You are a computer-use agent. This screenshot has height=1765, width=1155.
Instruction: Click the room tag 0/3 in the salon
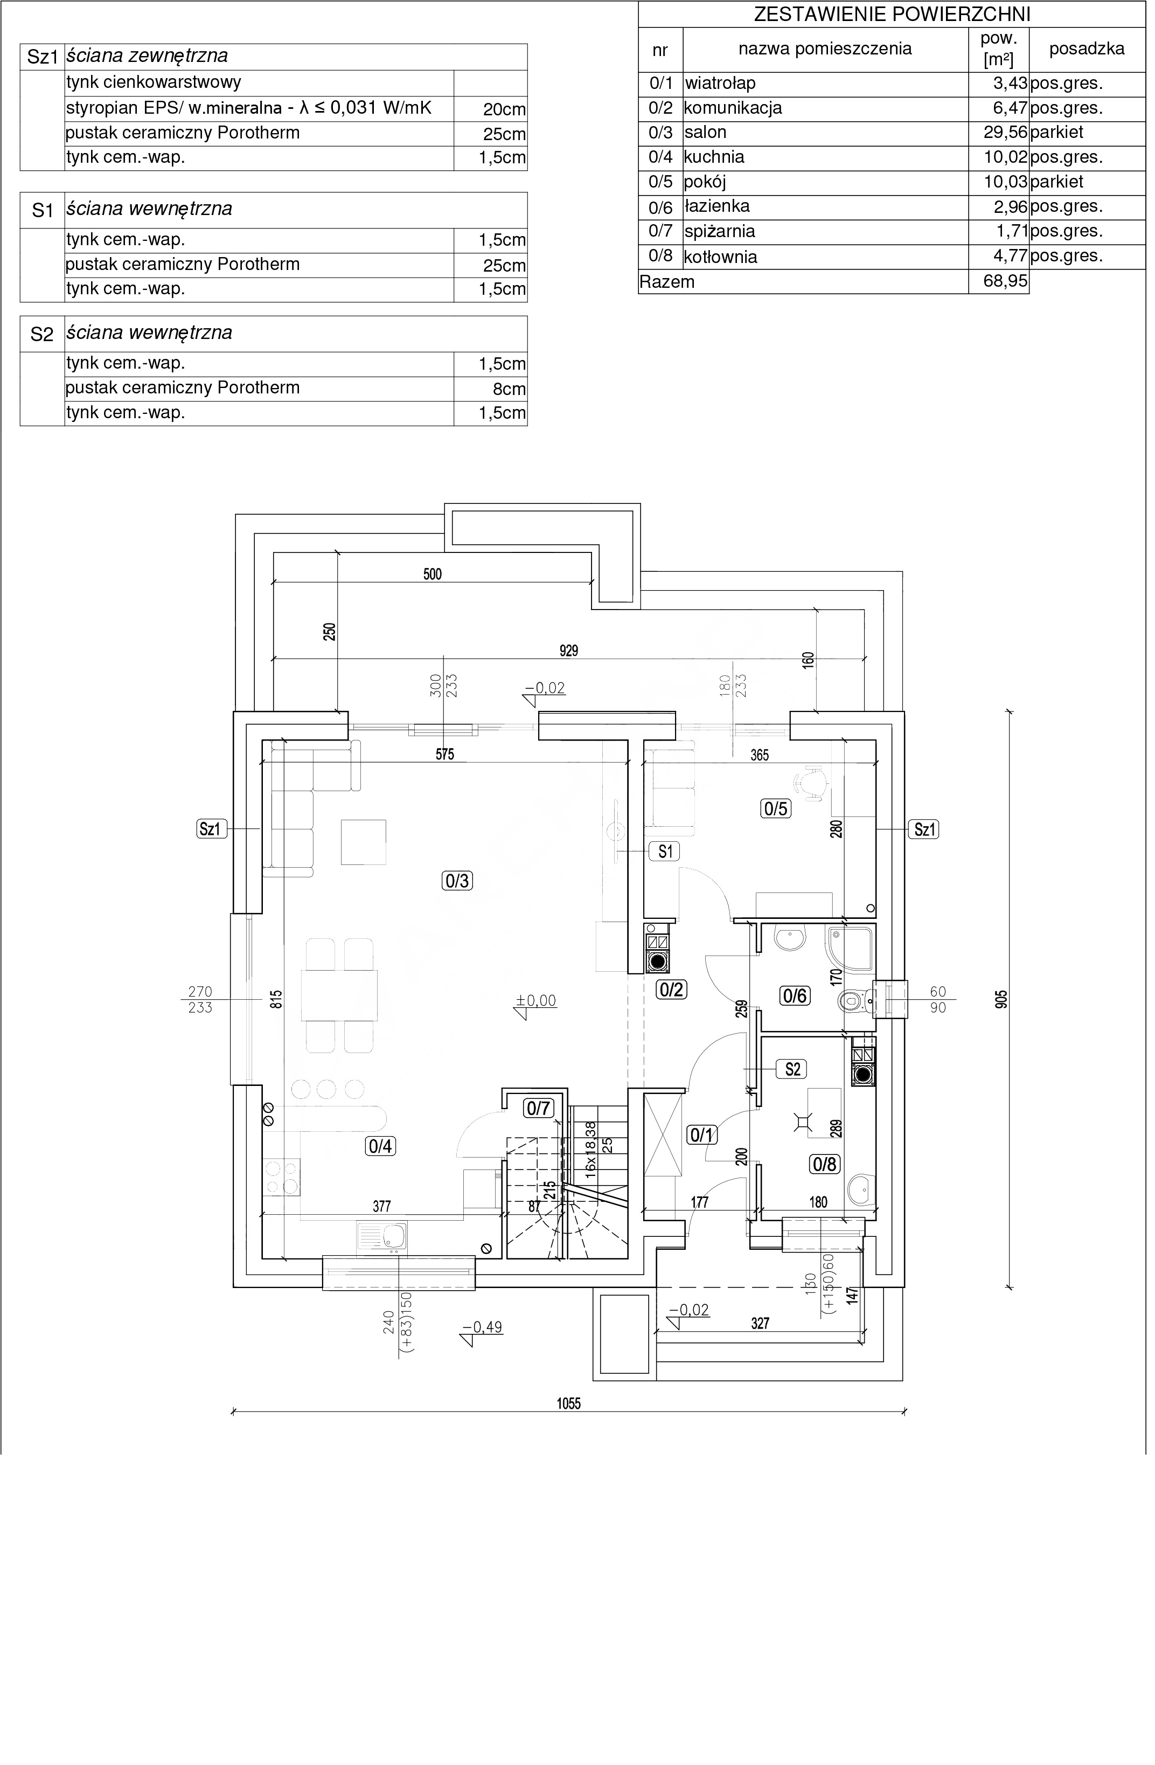457,881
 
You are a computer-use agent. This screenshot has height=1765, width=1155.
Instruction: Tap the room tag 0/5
775,808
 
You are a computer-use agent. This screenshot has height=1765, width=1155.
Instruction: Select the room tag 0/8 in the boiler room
824,1164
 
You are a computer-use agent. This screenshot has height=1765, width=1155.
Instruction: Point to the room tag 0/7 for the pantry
538,1109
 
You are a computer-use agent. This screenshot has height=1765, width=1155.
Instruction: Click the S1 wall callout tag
665,852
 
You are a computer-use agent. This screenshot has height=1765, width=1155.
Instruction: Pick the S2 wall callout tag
792,1069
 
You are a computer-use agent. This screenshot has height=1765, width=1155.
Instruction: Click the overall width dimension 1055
568,1404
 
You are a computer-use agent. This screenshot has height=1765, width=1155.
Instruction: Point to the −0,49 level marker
483,1327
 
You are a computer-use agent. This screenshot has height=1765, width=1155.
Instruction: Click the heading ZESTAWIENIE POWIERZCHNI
892,14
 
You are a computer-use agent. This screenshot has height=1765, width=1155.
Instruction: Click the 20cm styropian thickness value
504,110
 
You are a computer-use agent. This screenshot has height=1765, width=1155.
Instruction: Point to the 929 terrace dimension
568,651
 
